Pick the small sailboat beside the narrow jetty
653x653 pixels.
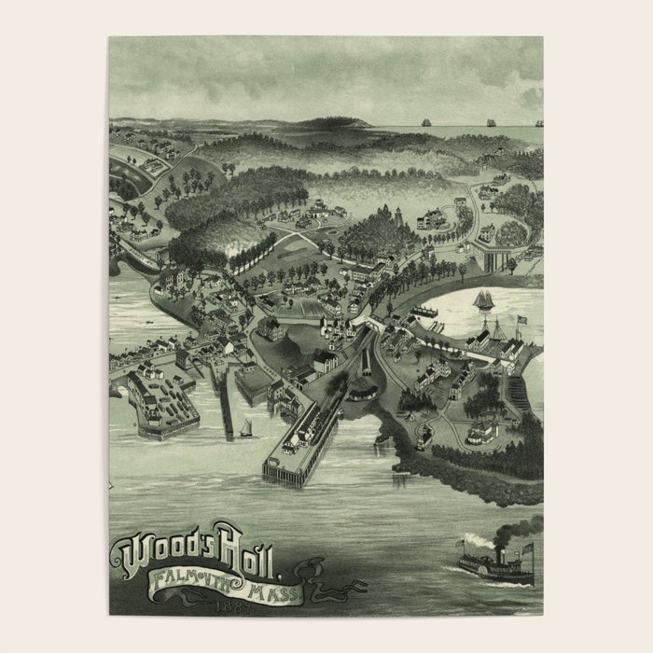[x=248, y=428]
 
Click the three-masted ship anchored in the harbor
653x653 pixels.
[x=484, y=302]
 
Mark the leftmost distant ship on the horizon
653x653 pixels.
[x=426, y=122]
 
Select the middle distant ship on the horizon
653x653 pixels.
[x=490, y=122]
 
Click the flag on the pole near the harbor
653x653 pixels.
[x=521, y=319]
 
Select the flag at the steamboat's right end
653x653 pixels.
[x=528, y=548]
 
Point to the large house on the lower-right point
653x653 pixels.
[x=481, y=431]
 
